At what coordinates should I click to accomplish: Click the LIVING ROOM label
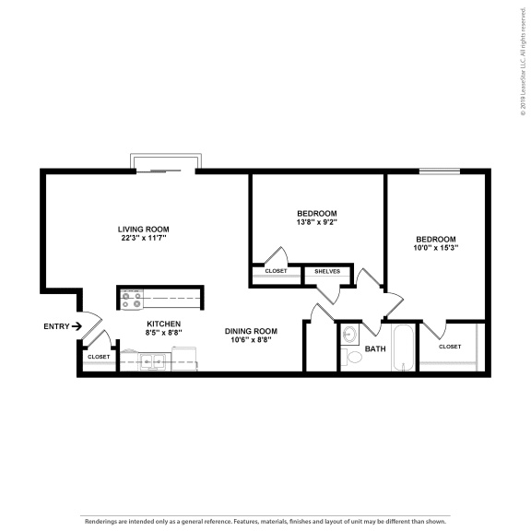pos(143,229)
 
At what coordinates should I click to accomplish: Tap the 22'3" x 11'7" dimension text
pos(143,238)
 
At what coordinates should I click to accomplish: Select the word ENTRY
pos(55,326)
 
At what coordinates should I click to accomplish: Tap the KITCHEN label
pos(164,324)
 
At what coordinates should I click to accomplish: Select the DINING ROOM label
pos(252,331)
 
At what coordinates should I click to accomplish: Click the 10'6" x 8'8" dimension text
pos(252,340)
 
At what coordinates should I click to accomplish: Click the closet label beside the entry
pos(98,357)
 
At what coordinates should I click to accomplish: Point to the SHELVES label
pos(327,271)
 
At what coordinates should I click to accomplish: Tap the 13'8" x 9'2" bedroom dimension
pos(316,222)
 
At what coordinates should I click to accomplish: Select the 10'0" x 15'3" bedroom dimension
pos(435,247)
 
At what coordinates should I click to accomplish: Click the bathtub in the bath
pos(404,348)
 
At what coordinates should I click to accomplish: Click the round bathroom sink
pos(350,334)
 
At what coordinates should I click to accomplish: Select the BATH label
pos(375,348)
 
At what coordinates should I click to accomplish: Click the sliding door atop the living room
pos(164,166)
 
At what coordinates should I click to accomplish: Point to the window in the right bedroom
pos(439,170)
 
